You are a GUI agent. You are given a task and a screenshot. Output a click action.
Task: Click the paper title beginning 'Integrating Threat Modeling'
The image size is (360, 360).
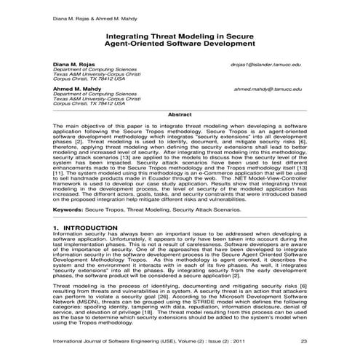(x=180, y=33)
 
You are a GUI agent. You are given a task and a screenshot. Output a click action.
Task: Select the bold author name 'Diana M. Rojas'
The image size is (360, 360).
(x=74, y=64)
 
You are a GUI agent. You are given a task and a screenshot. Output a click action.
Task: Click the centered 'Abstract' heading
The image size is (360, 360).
(x=180, y=115)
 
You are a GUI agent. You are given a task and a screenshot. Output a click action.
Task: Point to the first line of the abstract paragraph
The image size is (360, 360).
(x=180, y=125)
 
